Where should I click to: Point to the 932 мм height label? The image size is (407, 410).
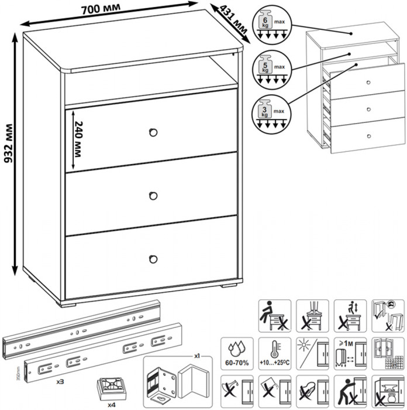(x=9, y=153)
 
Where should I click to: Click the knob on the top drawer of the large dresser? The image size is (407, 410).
(x=154, y=132)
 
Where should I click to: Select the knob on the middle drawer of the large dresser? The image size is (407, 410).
(x=154, y=195)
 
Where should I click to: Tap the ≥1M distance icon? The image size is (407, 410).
(x=349, y=353)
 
